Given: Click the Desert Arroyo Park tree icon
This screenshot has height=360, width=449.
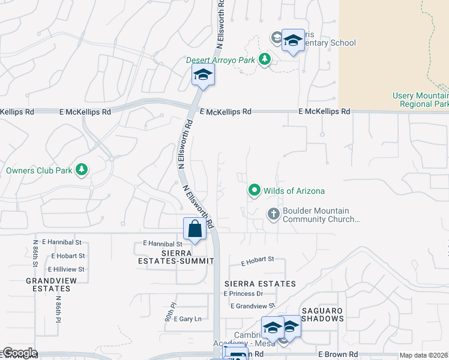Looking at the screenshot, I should tap(264, 59).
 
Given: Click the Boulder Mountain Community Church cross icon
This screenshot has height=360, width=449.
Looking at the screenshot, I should tap(273, 213).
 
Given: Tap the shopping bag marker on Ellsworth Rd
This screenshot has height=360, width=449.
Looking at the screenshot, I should tap(194, 229).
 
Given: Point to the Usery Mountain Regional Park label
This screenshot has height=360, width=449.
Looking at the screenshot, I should tap(420, 100).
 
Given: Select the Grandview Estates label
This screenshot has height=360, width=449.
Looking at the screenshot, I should tap(48, 284).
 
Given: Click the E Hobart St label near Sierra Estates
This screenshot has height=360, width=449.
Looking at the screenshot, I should tap(258, 261).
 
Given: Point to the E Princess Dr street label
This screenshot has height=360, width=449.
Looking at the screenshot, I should tap(243, 293).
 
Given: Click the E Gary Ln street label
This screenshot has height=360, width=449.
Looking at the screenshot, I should tap(187, 319).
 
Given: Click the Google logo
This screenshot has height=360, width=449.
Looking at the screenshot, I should tap(19, 353).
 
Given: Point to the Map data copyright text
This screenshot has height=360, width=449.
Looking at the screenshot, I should tap(423, 355).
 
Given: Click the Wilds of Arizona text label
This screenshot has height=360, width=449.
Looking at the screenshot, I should tap(294, 191).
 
